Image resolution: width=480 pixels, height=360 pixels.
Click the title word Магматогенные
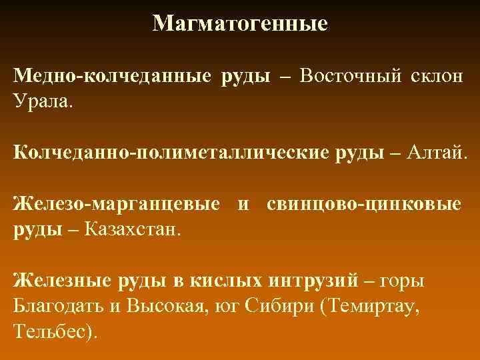click(x=240, y=24)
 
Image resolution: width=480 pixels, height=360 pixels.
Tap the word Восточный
click(x=351, y=76)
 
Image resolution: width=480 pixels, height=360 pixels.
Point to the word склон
click(x=436, y=76)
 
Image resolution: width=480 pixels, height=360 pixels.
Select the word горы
click(x=404, y=281)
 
